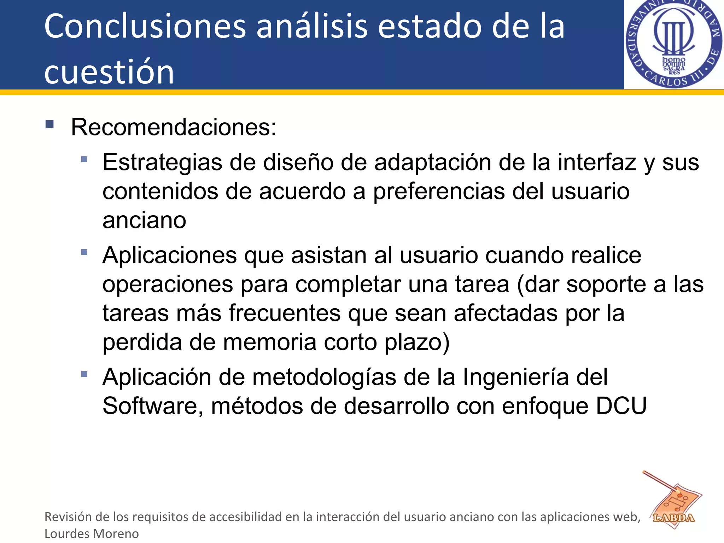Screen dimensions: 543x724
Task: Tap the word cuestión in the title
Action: pyautogui.click(x=109, y=72)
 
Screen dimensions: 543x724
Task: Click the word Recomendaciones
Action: pyautogui.click(x=173, y=127)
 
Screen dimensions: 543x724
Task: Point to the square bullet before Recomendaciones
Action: pyautogui.click(x=49, y=124)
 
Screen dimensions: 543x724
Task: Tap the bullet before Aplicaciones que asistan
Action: pyautogui.click(x=84, y=252)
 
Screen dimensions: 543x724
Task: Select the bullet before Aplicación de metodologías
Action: pyautogui.click(x=84, y=374)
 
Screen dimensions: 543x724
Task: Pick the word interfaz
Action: pyautogui.click(x=597, y=163)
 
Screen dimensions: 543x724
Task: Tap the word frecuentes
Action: pyautogui.click(x=285, y=314)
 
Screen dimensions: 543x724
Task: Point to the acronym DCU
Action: pyautogui.click(x=621, y=406)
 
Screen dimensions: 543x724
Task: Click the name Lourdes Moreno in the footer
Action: pyautogui.click(x=92, y=533)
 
